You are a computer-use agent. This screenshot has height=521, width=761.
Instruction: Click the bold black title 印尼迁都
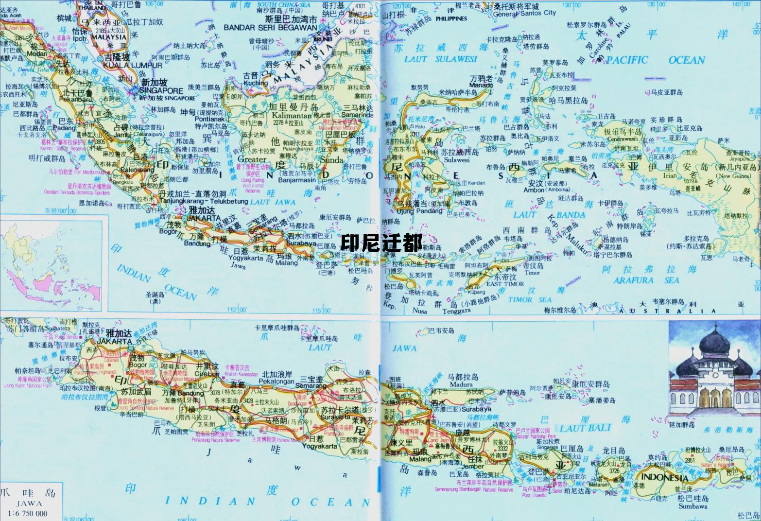click(381, 243)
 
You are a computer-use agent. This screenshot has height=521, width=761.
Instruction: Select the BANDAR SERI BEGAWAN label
click(270, 27)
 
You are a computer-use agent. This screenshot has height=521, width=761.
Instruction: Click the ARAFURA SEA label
click(646, 280)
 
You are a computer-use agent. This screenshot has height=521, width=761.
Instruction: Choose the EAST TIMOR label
click(505, 284)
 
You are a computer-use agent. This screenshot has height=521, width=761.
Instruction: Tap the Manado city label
click(481, 85)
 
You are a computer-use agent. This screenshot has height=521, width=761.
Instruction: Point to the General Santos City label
click(524, 14)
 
